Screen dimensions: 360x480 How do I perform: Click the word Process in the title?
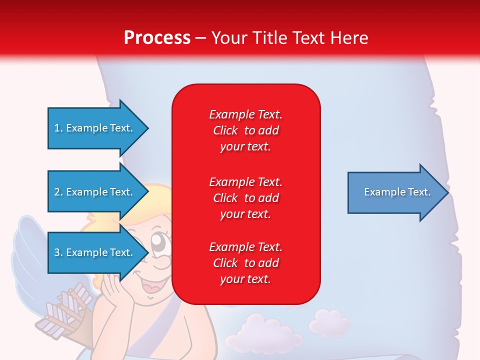pos(157,38)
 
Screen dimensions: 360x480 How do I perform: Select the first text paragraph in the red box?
pos(245,130)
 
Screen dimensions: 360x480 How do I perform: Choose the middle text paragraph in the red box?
pos(245,198)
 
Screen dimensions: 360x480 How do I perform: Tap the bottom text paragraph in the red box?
pos(245,263)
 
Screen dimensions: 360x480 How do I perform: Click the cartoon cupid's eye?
pos(159,243)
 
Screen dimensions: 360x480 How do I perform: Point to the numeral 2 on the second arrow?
pos(57,192)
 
